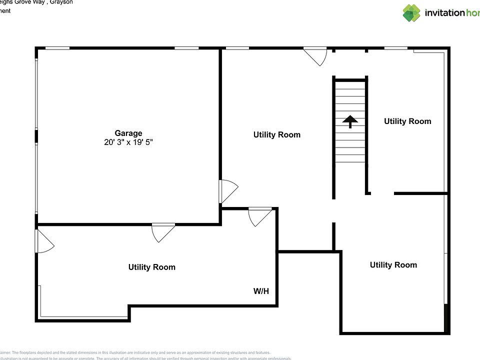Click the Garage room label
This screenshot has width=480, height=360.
click(128, 133)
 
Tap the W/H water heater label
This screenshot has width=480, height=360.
click(261, 290)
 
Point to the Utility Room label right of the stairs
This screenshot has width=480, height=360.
click(407, 121)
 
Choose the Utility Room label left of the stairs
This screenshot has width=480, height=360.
click(276, 134)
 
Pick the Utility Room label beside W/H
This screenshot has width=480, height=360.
click(151, 267)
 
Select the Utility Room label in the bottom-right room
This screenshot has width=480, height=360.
click(393, 264)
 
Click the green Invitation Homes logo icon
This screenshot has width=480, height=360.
click(411, 13)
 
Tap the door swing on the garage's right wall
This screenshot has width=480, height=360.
click(227, 191)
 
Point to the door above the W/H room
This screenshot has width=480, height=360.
click(260, 215)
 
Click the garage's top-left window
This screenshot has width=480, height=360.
click(57, 48)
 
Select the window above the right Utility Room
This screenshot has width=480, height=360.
click(395, 48)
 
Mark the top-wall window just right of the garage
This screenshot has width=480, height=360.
click(237, 48)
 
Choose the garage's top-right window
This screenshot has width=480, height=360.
click(186, 48)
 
